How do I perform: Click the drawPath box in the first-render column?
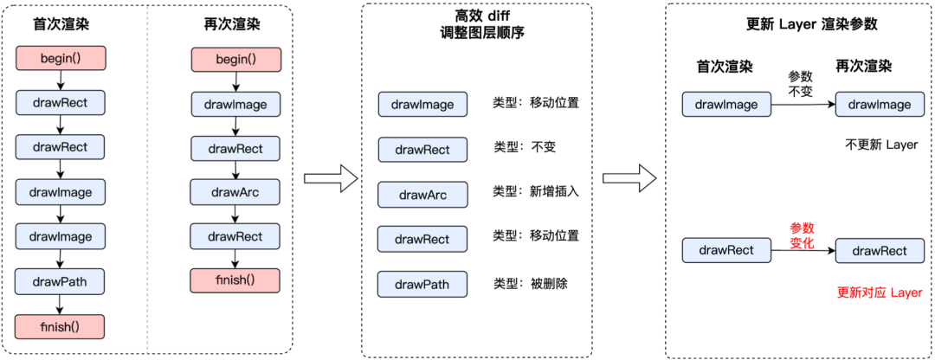click(60, 281)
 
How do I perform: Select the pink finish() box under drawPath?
click(60, 326)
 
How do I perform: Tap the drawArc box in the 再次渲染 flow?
click(235, 191)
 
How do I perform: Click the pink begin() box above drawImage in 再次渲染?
click(235, 59)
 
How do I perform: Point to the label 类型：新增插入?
click(535, 190)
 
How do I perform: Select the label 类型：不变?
click(524, 146)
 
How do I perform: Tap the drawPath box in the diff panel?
click(422, 284)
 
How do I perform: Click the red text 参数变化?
click(802, 235)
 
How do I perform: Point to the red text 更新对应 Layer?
click(880, 292)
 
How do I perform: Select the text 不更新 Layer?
click(880, 145)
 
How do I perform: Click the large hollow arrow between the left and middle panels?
click(331, 178)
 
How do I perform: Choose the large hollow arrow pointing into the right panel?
click(629, 178)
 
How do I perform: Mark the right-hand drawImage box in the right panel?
click(880, 105)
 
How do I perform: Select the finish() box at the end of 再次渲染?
click(235, 280)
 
